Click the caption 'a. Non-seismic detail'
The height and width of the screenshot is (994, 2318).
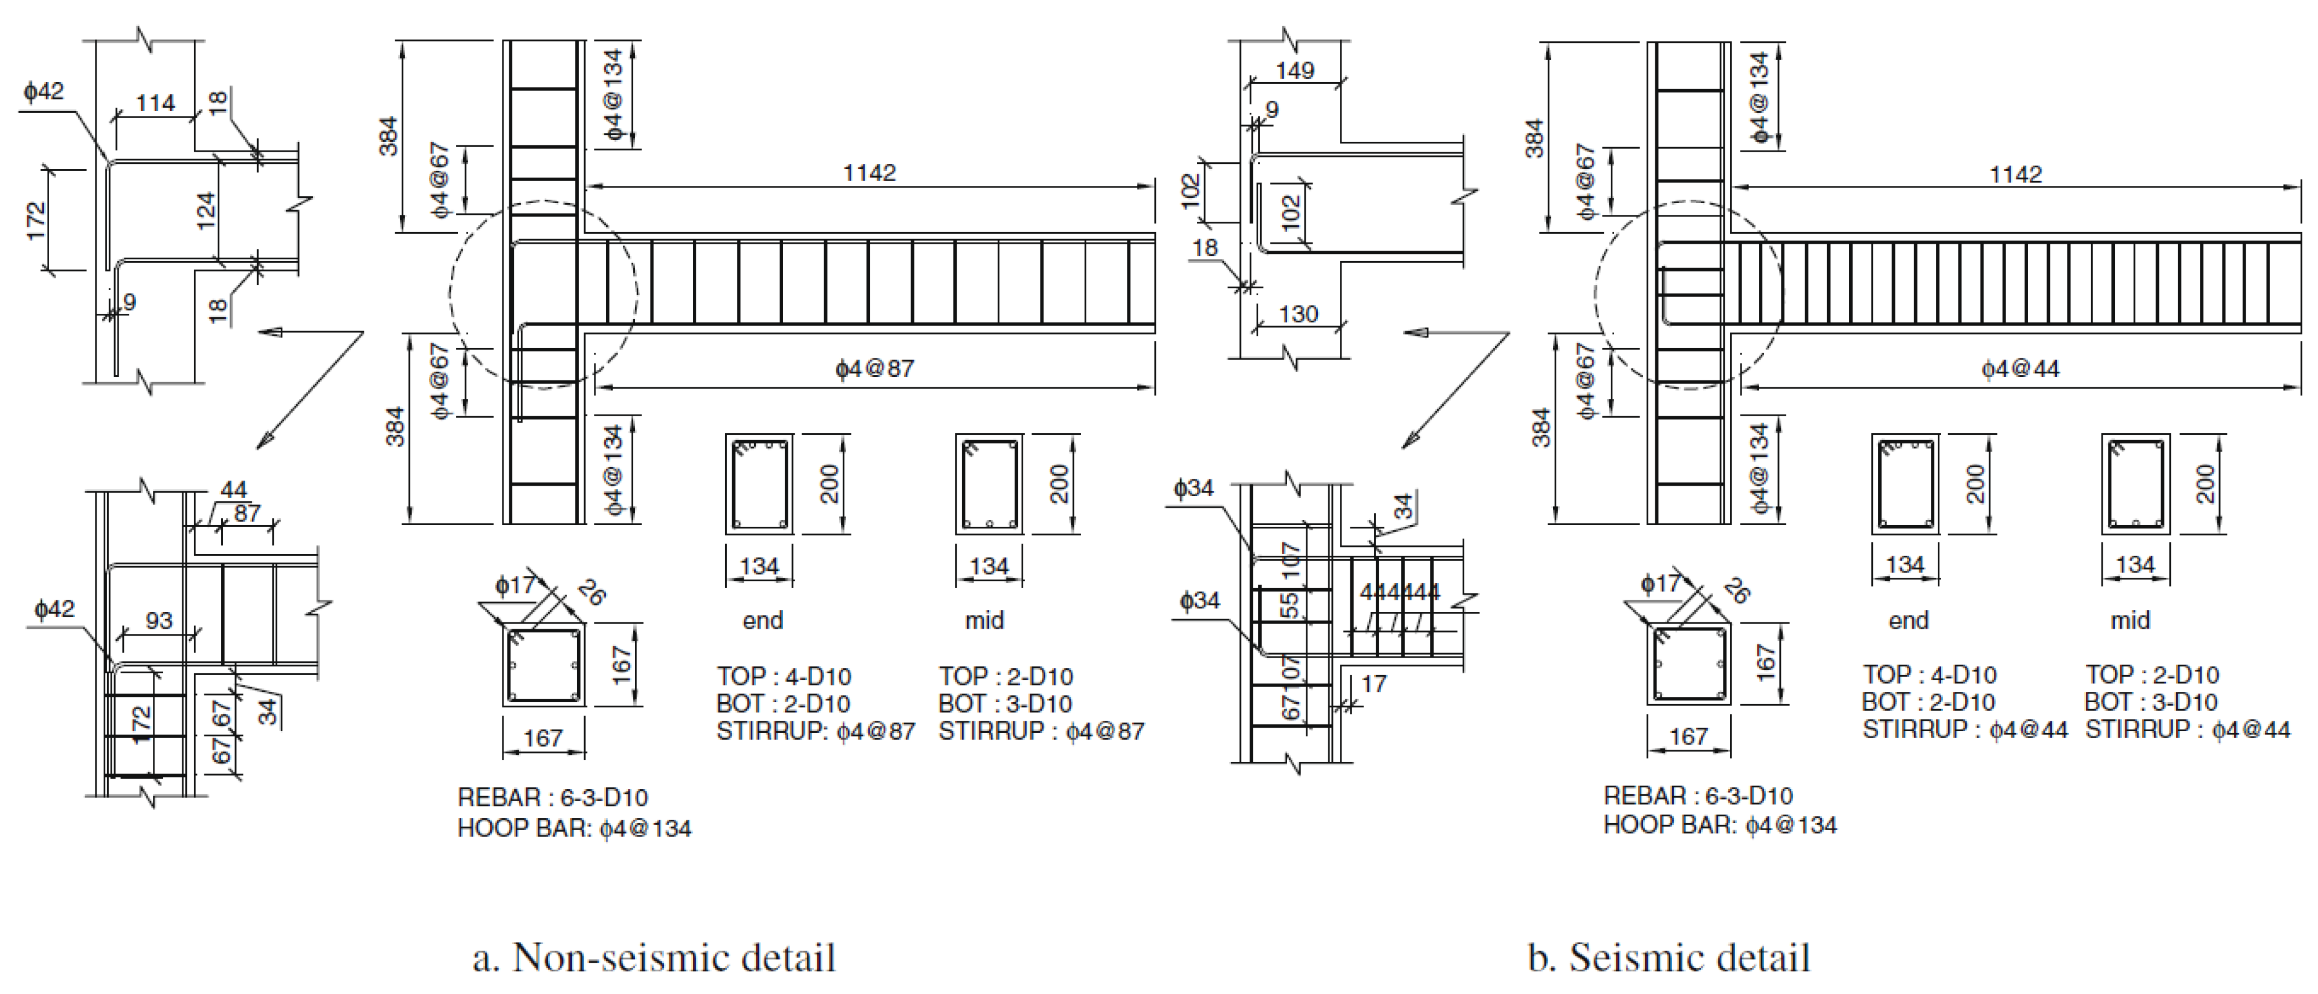tap(654, 957)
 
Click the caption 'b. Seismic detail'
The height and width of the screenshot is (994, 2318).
tap(1669, 957)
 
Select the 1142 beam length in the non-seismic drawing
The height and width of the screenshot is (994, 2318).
tap(869, 172)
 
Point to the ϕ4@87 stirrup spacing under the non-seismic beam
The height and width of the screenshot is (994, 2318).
tap(875, 368)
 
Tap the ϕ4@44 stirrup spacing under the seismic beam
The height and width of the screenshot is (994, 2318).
tap(2020, 368)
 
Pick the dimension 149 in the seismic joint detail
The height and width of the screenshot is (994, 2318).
tap(1295, 70)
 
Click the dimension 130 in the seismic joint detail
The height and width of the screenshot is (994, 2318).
tap(1298, 314)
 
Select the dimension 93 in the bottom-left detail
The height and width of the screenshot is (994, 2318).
tap(159, 621)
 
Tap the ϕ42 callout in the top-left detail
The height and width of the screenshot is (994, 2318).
tap(44, 91)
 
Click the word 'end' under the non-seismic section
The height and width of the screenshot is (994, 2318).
tap(762, 621)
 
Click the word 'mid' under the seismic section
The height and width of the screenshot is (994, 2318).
tap(2130, 621)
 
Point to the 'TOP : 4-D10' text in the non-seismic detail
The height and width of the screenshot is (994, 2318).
tap(784, 676)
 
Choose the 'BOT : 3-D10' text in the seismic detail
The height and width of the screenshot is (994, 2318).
tap(2151, 702)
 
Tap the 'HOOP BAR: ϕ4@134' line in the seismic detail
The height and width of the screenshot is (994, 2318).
tap(1720, 825)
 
